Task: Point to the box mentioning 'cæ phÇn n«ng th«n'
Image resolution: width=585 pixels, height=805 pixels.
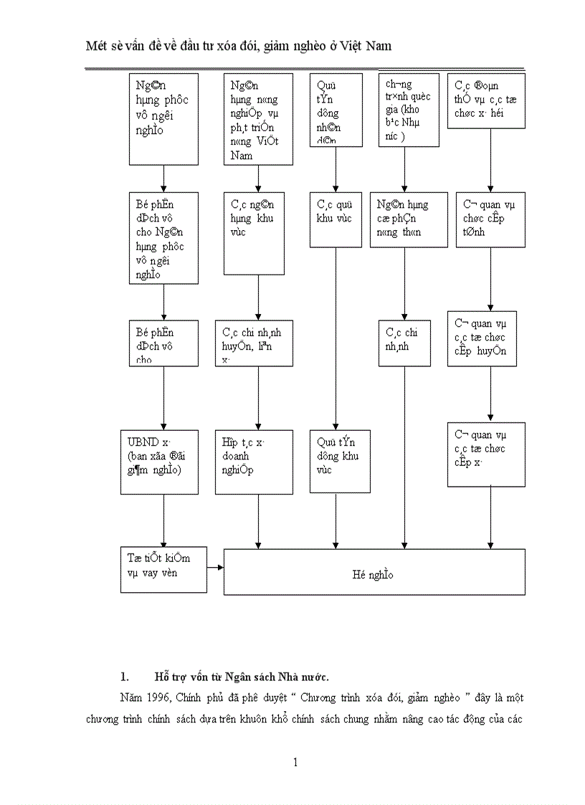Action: [x=409, y=219]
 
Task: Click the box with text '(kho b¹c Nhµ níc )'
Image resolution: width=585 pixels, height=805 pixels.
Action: [x=409, y=110]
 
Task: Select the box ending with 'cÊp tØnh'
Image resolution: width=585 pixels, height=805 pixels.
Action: [x=490, y=219]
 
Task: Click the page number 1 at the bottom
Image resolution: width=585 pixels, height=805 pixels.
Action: [x=295, y=762]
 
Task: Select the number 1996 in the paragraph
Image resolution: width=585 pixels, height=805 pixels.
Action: [x=156, y=697]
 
